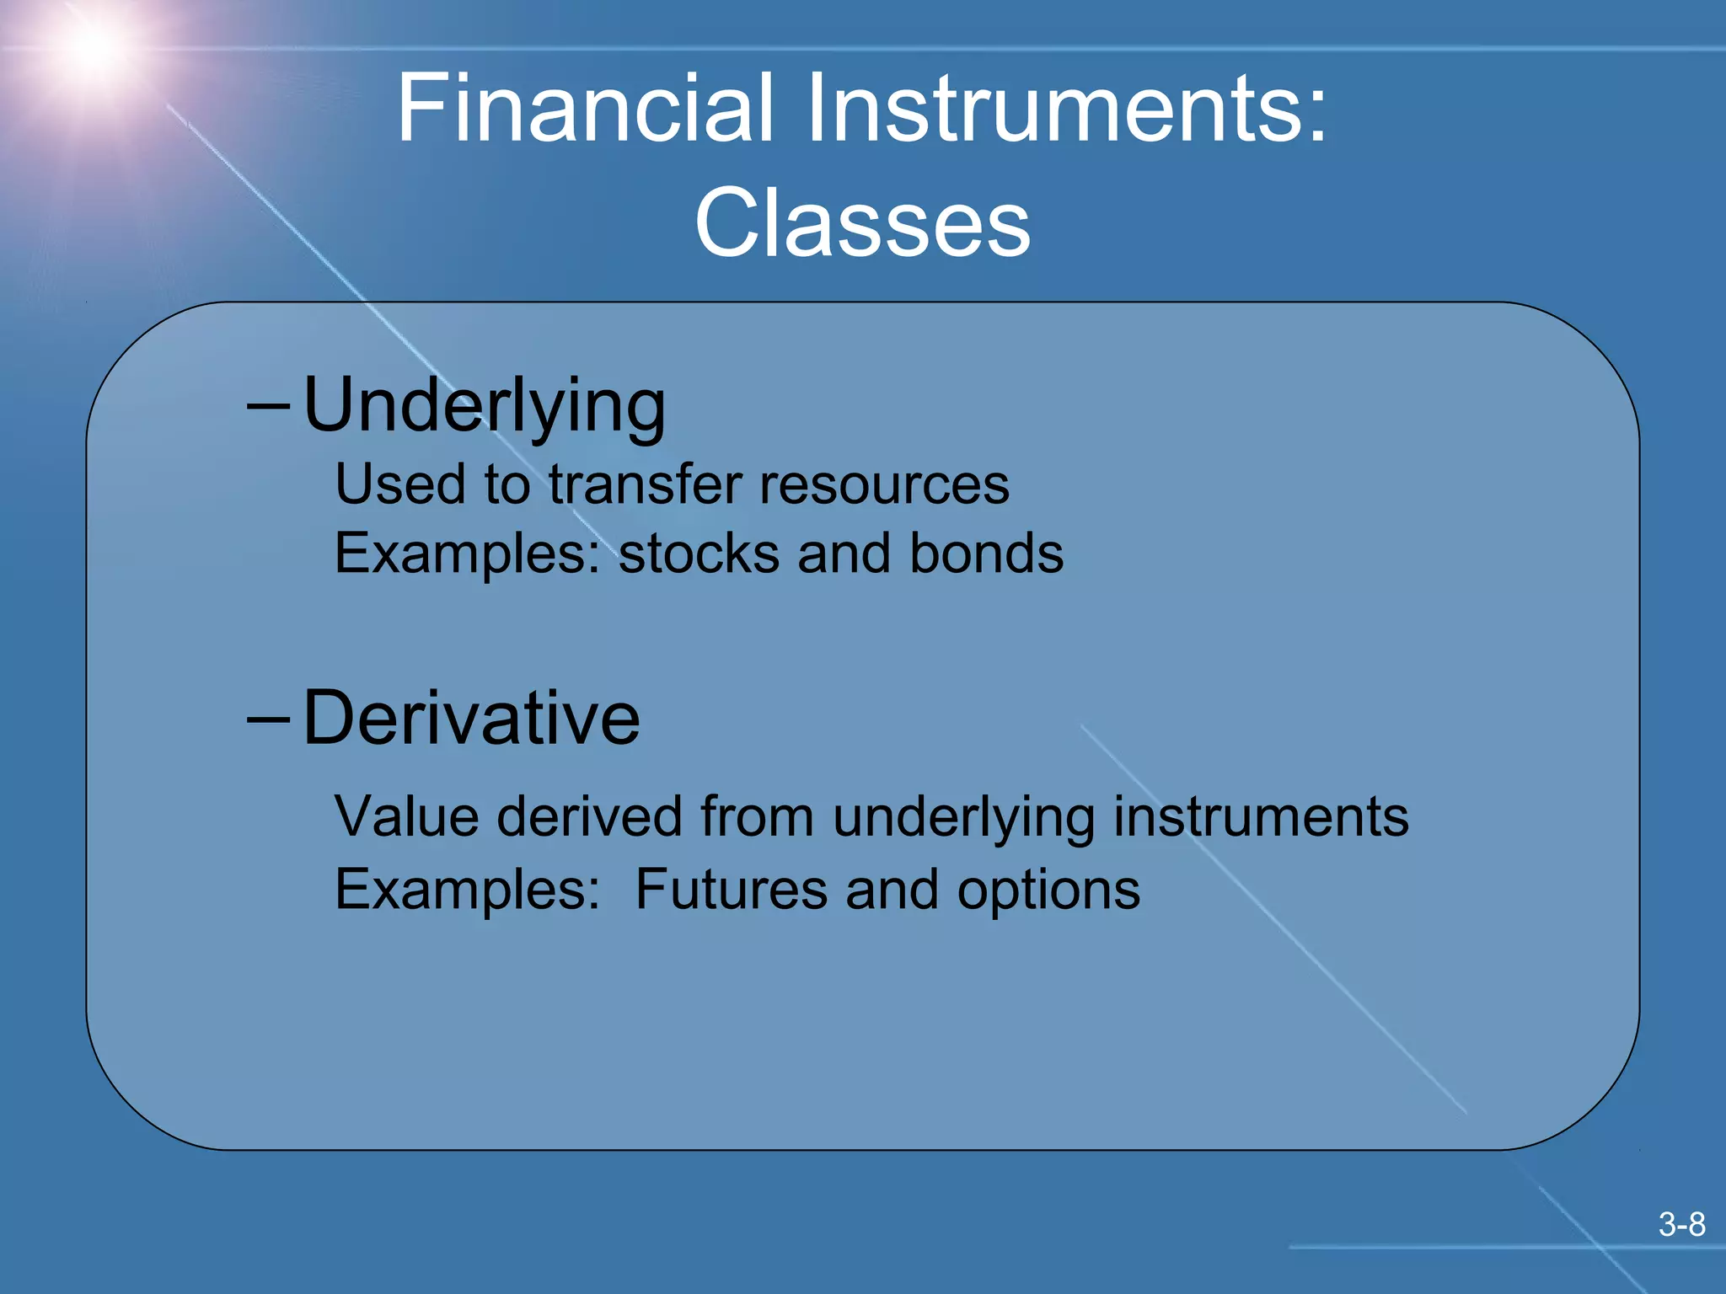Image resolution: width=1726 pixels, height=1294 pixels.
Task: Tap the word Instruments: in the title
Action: [1067, 108]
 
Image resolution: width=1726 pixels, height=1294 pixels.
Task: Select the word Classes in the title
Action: [862, 223]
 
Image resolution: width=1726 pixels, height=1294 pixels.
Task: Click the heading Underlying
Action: [485, 407]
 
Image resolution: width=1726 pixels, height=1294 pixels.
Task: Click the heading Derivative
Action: [471, 719]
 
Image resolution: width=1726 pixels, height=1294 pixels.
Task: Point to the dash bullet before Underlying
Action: [269, 407]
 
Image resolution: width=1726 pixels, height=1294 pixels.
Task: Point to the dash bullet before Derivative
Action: [269, 719]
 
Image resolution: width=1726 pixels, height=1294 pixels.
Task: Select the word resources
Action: [884, 487]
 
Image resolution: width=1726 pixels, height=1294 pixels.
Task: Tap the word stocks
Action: [700, 554]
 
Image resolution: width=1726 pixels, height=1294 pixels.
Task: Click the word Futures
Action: [731, 890]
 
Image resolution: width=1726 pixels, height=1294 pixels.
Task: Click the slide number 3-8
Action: [1681, 1224]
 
